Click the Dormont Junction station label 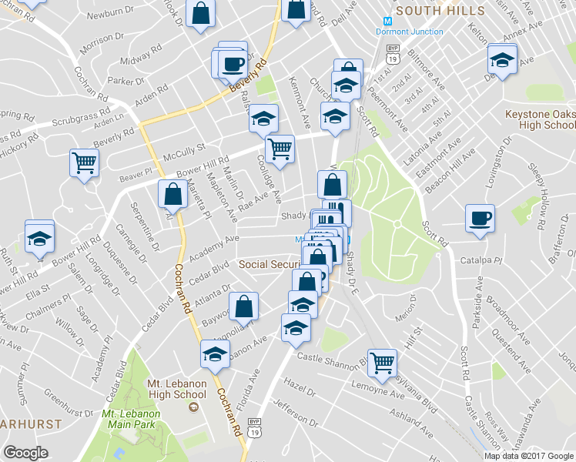(x=409, y=32)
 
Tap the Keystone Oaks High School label (x=540, y=119)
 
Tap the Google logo (x=26, y=454)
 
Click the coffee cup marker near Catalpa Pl (x=481, y=217)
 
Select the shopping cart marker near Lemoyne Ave (x=382, y=362)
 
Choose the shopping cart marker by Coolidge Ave (x=279, y=148)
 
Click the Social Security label (x=269, y=264)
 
